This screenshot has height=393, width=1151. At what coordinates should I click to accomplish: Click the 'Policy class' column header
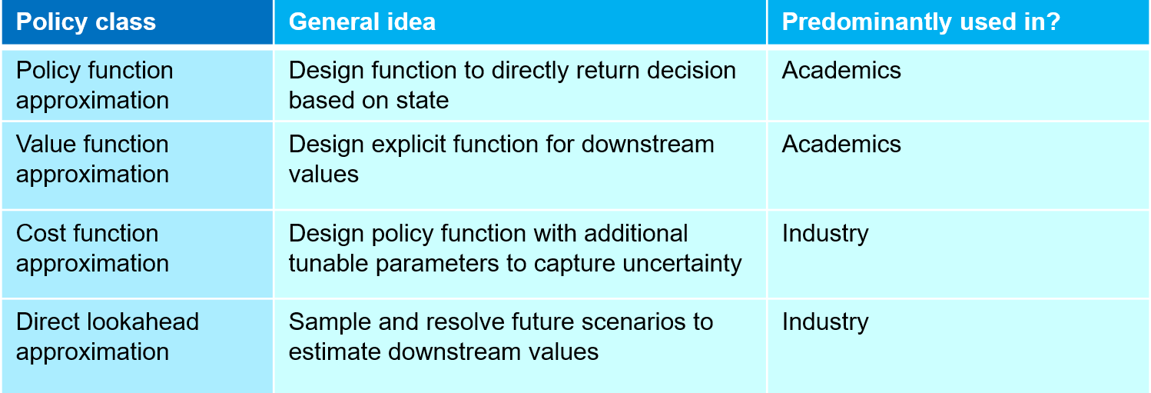86,22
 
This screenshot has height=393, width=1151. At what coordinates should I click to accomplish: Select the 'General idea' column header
362,22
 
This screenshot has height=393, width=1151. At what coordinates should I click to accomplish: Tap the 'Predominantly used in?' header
920,22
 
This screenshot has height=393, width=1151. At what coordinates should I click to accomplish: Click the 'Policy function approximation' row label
95,85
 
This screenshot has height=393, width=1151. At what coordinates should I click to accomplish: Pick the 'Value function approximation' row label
92,159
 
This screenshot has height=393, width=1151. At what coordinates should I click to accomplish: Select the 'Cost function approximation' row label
92,248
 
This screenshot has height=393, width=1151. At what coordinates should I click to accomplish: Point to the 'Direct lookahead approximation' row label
108,336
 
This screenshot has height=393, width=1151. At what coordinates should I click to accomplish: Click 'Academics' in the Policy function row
841,71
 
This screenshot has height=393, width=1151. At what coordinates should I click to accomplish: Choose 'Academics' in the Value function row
841,145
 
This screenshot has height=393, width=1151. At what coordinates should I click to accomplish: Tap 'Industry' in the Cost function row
825,234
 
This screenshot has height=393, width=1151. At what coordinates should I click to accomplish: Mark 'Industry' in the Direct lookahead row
825,322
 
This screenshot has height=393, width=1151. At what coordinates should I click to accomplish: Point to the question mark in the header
1053,22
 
